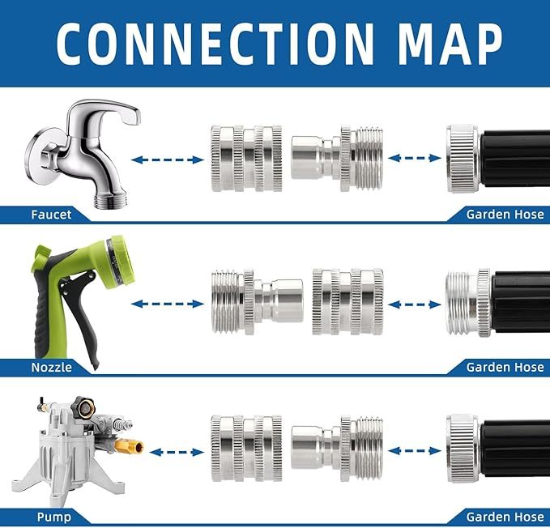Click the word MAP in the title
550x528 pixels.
(441, 42)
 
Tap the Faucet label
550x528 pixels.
(51, 215)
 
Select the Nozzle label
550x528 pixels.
(51, 367)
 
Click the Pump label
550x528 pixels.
(53, 517)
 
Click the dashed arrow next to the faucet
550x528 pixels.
(167, 160)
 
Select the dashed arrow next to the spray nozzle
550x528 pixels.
(167, 304)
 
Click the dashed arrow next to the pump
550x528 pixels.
(177, 452)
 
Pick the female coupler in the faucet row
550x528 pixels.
(246, 159)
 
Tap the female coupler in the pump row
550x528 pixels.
(246, 448)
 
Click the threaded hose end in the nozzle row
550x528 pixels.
(465, 303)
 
